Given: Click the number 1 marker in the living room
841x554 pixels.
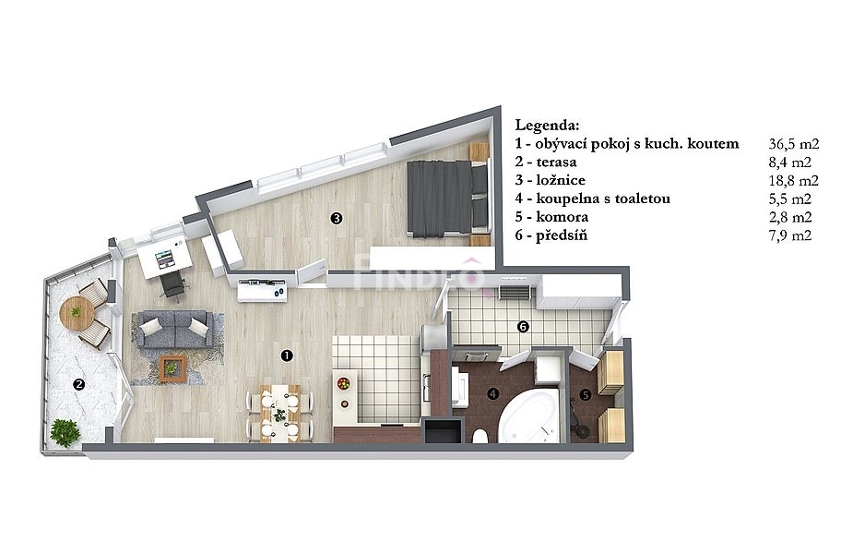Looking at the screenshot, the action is click(x=287, y=355).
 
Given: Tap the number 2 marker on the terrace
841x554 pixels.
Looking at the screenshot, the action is click(x=79, y=384).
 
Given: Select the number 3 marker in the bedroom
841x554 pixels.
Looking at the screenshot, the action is click(x=337, y=218).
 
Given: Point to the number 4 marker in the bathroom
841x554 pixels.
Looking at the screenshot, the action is click(x=492, y=394).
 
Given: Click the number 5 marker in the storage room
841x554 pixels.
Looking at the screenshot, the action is click(x=586, y=395).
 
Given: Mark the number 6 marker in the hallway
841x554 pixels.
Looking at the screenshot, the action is click(x=523, y=326).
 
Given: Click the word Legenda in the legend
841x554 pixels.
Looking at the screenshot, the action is click(x=547, y=126).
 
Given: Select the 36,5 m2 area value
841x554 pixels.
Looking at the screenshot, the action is click(x=794, y=144).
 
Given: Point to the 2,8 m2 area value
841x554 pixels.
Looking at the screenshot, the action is click(x=790, y=217).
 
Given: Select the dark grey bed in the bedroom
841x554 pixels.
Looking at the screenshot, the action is click(x=448, y=199).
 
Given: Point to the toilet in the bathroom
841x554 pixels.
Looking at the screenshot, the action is click(x=480, y=437).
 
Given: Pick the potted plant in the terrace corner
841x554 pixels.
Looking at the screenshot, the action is click(x=65, y=433).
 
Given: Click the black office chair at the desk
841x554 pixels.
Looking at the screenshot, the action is click(x=172, y=284).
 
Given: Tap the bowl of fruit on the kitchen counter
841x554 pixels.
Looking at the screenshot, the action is click(x=343, y=383).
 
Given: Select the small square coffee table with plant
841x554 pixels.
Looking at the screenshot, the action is click(x=172, y=368).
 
